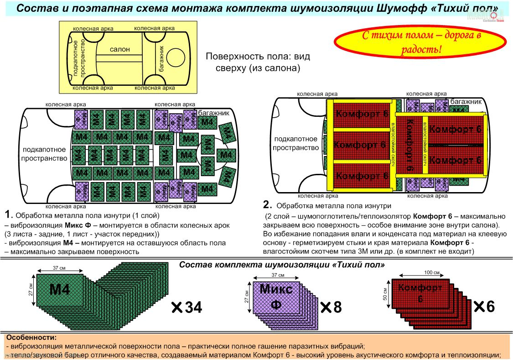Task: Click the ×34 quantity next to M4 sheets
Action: tap(187, 308)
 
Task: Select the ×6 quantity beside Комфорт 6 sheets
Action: tap(484, 306)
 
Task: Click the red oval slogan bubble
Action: tap(421, 43)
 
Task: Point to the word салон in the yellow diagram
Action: tap(120, 49)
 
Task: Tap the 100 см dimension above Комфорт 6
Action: tap(431, 272)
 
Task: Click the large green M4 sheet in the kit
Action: tap(60, 289)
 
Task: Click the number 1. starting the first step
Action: tap(9, 214)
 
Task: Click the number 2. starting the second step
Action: tap(268, 205)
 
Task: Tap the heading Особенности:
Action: tap(31, 338)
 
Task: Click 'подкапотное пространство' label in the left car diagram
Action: tap(44, 154)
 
